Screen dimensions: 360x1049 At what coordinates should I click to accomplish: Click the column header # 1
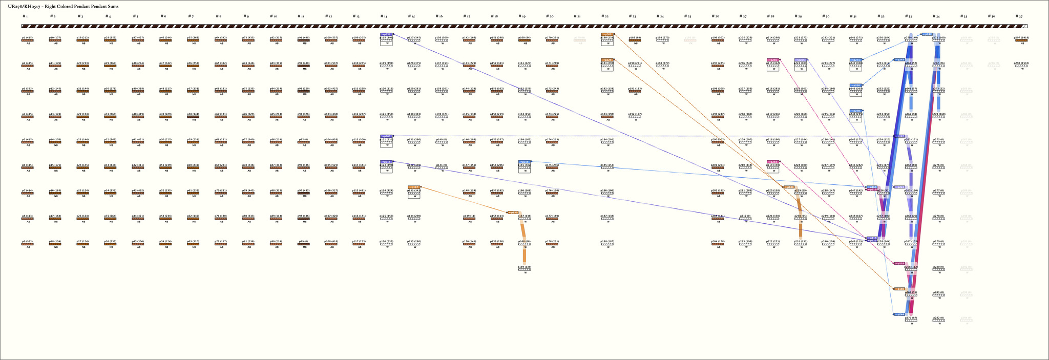(25, 16)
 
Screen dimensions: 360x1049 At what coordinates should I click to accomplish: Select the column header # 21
(577, 16)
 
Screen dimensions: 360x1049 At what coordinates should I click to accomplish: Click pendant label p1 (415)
(28, 37)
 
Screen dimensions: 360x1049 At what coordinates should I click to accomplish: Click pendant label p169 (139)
(524, 267)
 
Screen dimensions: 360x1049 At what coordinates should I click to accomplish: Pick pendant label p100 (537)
(331, 37)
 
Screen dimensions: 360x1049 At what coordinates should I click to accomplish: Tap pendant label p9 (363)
(28, 241)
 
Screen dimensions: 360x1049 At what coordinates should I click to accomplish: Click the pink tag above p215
(773, 59)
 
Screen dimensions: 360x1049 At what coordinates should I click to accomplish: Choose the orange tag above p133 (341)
(414, 187)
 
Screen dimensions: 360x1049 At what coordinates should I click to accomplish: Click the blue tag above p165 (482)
(524, 161)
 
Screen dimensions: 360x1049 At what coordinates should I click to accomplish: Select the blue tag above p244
(855, 110)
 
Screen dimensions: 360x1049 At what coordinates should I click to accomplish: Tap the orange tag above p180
(607, 34)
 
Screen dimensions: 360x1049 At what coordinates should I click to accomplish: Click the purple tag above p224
(801, 59)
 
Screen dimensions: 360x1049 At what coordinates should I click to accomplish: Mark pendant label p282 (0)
(938, 318)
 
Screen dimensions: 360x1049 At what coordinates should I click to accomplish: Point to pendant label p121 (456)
(386, 114)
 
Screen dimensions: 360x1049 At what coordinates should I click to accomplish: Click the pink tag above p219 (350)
(773, 161)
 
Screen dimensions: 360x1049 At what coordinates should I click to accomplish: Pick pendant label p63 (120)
(193, 241)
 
